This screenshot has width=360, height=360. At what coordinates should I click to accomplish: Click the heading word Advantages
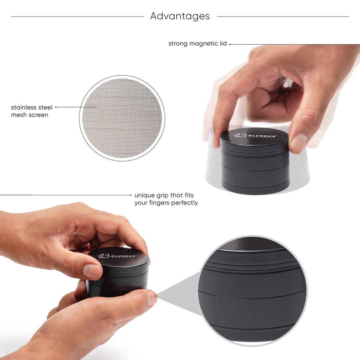[x=180, y=16]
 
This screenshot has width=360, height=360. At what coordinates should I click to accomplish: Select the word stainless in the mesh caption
[x=24, y=107]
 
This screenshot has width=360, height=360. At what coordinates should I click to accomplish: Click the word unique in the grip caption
[x=143, y=195]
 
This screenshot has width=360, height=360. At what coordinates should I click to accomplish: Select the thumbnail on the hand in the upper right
[x=298, y=142]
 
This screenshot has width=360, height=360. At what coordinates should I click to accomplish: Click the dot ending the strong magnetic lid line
[x=230, y=44]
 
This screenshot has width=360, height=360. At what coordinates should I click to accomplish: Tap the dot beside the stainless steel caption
[x=56, y=107]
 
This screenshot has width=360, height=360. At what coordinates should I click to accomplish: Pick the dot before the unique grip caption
[x=131, y=195]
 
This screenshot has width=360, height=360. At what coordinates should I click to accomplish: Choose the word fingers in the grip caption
[x=160, y=203]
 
